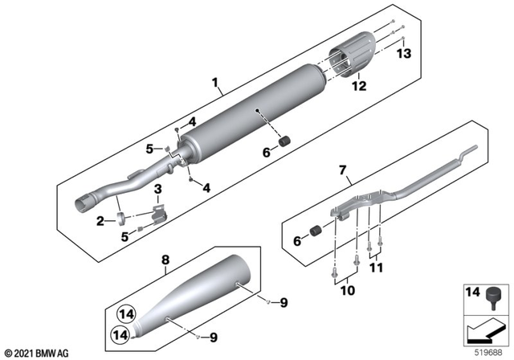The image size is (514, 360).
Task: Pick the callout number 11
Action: [x=376, y=268]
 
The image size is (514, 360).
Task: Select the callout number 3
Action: [x=158, y=190]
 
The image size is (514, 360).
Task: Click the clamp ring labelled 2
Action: [x=120, y=217]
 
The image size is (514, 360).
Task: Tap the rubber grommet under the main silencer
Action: [x=283, y=142]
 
